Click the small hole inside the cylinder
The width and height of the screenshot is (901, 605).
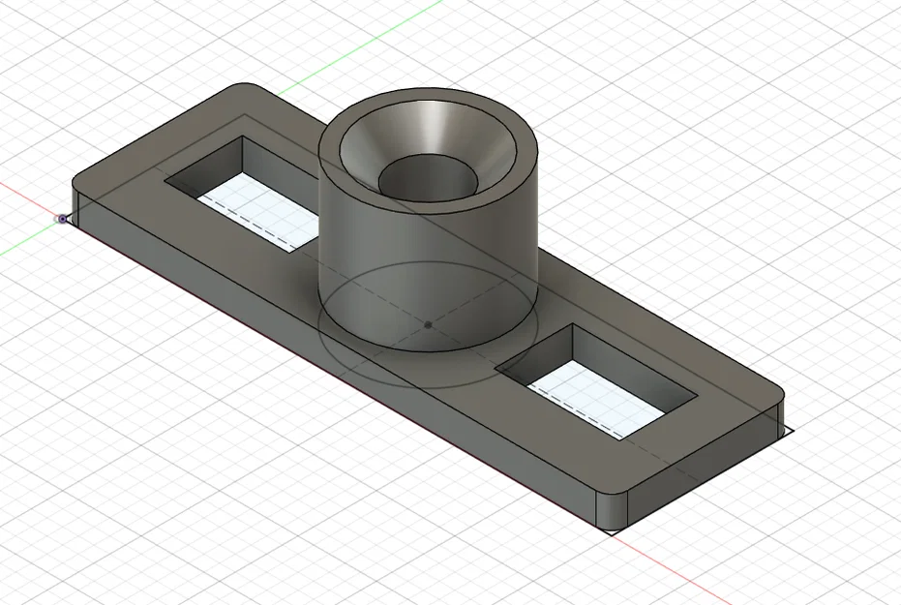[x=429, y=177]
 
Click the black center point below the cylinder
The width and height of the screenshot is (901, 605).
[x=428, y=324]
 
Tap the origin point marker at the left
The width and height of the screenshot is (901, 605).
[x=63, y=219]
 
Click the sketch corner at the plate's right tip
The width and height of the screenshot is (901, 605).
[x=792, y=432]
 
